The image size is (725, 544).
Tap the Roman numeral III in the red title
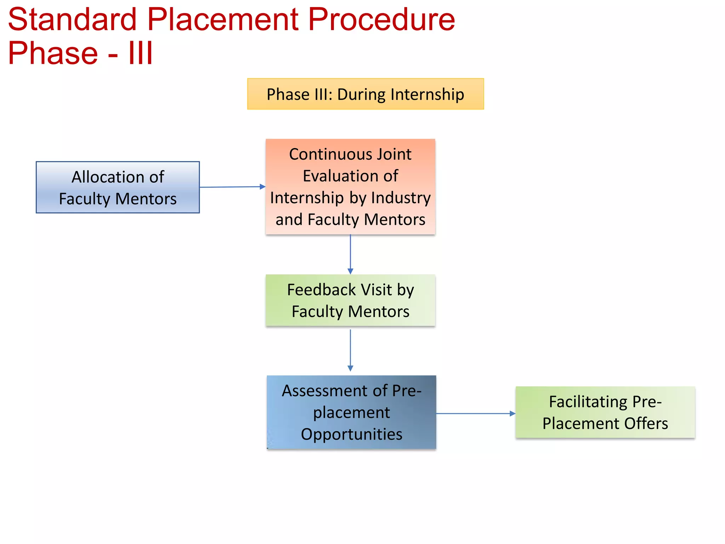point(141,53)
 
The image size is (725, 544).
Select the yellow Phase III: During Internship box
point(365,94)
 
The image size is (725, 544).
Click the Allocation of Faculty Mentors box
point(118,188)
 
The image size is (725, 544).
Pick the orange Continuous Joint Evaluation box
point(350,187)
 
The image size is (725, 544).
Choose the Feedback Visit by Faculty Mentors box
point(350,300)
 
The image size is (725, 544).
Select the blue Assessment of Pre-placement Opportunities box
point(351,412)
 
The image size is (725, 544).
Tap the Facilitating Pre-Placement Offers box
point(605,413)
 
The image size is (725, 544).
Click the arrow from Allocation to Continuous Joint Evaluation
point(232,187)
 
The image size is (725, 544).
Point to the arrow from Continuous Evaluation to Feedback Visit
point(350,254)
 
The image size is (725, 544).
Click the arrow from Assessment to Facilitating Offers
point(475,413)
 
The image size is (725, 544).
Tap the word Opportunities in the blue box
point(352,435)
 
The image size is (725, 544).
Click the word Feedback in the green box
point(321,290)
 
